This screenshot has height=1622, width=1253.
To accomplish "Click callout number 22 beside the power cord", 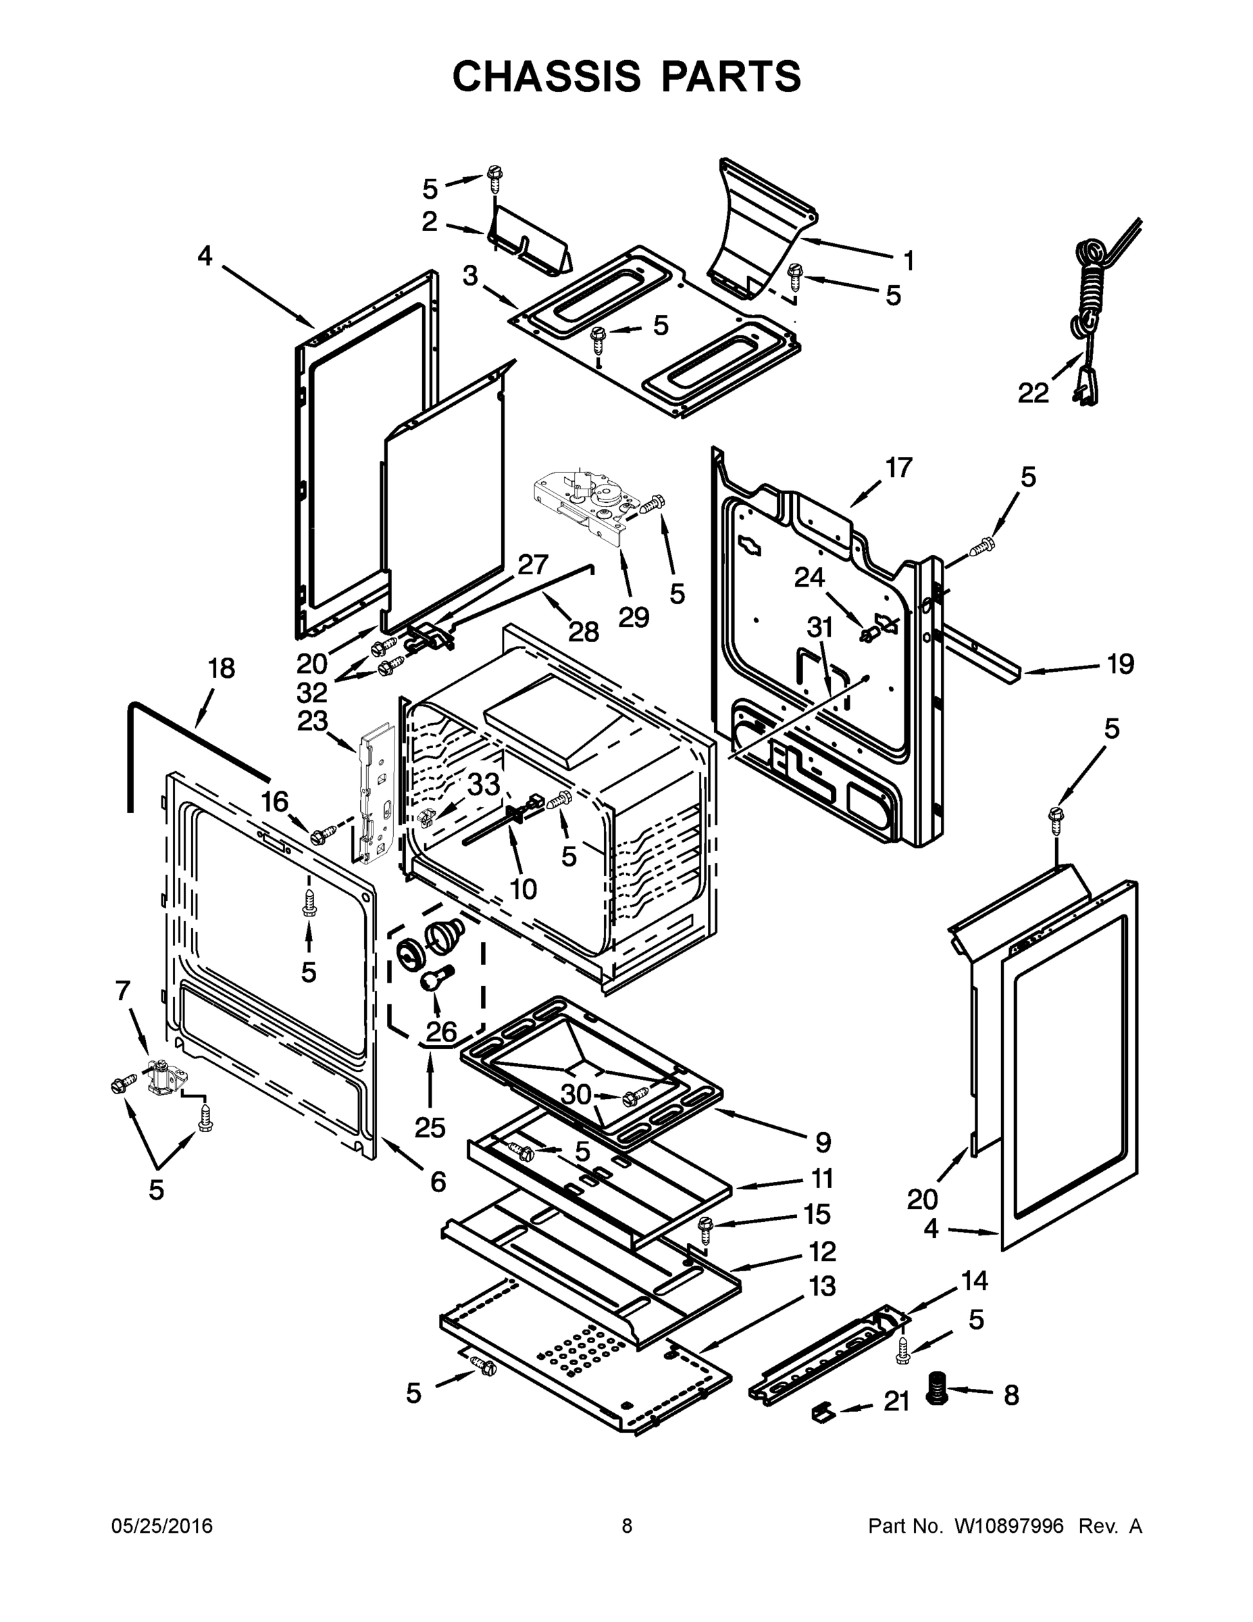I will click(1033, 392).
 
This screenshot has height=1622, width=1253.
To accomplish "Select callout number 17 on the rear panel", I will click(898, 468).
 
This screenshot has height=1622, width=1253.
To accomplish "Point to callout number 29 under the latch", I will click(633, 616).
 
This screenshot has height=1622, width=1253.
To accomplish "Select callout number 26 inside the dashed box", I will click(441, 1031).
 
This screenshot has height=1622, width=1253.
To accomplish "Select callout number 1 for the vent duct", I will click(908, 261).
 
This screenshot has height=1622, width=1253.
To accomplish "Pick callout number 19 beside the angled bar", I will click(1120, 663).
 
